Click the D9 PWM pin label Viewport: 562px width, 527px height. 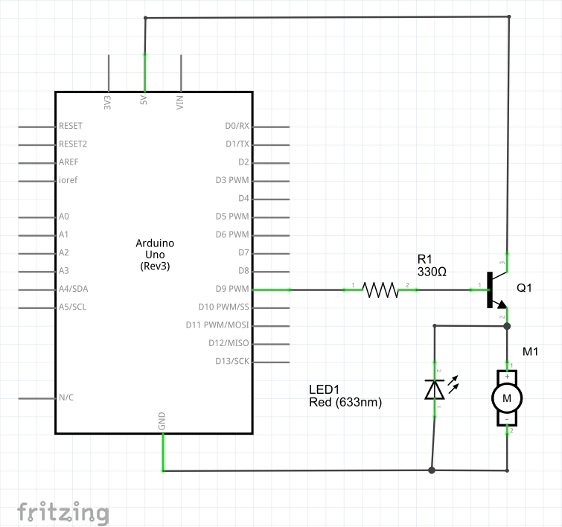(232, 289)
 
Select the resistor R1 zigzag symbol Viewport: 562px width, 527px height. (380, 290)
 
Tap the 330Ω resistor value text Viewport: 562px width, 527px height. (432, 272)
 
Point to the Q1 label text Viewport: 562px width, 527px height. (524, 288)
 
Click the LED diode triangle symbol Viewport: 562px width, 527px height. (435, 389)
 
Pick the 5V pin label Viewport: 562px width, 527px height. (144, 102)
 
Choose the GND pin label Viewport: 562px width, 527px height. (162, 422)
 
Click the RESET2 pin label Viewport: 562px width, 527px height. (73, 144)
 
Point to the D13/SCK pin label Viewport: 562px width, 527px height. (231, 361)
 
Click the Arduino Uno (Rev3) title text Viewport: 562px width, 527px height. (155, 255)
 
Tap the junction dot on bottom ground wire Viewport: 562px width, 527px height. (432, 470)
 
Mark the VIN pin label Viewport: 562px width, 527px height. (180, 102)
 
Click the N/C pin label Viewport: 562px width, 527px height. (66, 397)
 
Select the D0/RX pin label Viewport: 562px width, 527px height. (237, 126)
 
